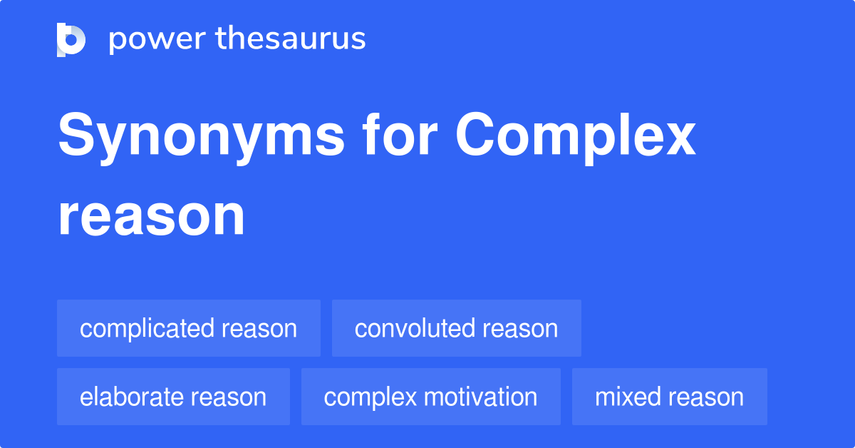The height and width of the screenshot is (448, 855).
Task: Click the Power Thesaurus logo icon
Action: tap(71, 39)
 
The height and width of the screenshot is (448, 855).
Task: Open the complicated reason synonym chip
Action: tap(188, 328)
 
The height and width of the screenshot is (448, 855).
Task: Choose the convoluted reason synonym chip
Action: tap(456, 328)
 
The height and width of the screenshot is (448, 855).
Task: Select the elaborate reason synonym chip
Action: tap(173, 397)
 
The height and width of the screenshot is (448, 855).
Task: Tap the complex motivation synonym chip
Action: tap(430, 397)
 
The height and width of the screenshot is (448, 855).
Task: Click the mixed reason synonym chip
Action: tap(669, 397)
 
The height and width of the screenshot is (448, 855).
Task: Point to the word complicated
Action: tap(147, 328)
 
